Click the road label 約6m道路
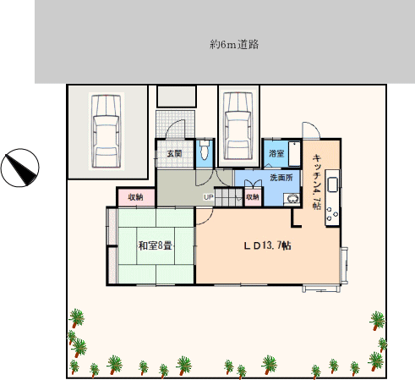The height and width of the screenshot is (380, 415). [234, 45]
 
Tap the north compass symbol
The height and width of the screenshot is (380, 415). [20, 168]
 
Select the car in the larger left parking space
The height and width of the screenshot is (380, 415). [106, 131]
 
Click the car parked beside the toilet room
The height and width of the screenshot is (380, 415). [238, 126]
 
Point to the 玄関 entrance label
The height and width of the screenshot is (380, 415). [174, 153]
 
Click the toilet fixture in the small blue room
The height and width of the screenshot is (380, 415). [205, 149]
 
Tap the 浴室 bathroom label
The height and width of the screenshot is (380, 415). [276, 153]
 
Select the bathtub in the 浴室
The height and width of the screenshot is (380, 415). [295, 154]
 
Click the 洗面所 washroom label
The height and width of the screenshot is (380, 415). [281, 178]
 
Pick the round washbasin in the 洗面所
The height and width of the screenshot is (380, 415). [292, 198]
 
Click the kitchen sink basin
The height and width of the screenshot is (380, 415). [333, 184]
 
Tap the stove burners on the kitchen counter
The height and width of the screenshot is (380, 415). [332, 214]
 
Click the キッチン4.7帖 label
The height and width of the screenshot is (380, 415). [317, 181]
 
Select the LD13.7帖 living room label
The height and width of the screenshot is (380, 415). [267, 245]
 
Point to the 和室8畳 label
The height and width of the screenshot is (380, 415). [156, 245]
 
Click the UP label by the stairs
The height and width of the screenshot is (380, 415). [209, 197]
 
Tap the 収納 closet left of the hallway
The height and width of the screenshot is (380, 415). [136, 197]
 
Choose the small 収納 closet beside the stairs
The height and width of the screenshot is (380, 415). [253, 196]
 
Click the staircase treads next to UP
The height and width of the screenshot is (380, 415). [228, 197]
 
